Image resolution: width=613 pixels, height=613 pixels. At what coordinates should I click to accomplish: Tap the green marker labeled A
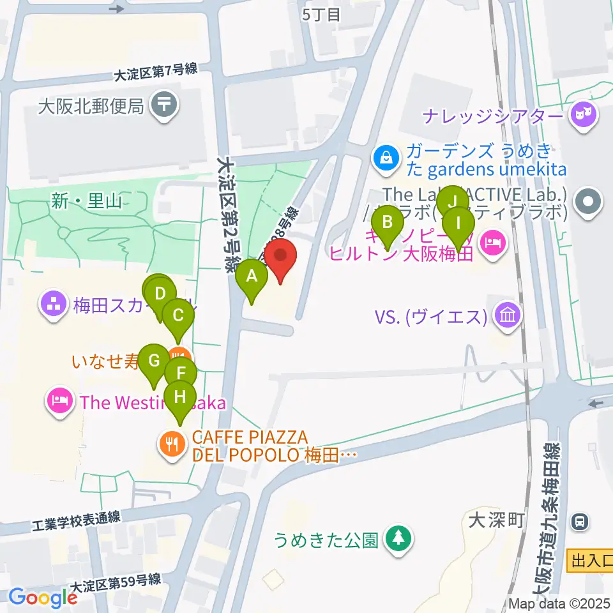pos(252,277)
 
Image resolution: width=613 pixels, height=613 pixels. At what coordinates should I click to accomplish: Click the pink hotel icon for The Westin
pos(60,402)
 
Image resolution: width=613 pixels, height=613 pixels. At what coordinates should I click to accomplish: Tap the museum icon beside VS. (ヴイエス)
pos(509,315)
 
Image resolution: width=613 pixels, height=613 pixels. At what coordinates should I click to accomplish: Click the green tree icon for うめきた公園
pos(399,538)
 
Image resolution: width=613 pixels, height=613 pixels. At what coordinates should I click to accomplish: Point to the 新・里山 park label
pos(88,202)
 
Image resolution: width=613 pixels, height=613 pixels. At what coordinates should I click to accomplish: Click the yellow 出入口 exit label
pos(589,561)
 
